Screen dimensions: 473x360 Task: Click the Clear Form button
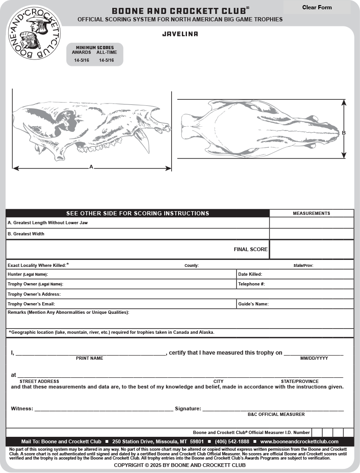317,7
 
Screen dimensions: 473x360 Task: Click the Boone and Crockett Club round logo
34,33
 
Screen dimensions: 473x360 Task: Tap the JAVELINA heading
180,34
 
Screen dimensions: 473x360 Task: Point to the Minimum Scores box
95,54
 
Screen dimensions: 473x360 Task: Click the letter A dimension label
91,167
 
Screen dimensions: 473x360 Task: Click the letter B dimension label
344,133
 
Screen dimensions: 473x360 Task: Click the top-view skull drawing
260,129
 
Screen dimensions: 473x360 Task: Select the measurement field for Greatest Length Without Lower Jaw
311,223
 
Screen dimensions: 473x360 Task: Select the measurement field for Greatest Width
311,234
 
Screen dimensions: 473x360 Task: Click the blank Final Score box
311,249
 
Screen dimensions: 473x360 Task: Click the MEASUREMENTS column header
311,214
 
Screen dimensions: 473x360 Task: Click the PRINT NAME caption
90,358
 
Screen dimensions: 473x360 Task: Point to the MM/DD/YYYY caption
314,358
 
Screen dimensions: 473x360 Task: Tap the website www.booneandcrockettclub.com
299,441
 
